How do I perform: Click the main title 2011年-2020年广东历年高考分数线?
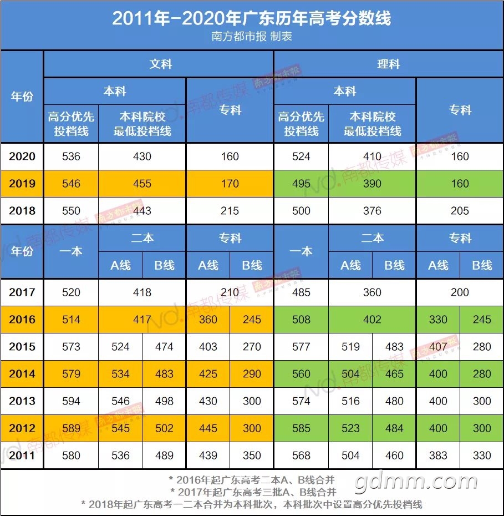[252, 18]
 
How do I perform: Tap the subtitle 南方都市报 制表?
[252, 37]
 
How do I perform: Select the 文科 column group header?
[160, 64]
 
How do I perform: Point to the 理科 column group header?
[388, 64]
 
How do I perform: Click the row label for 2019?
[22, 184]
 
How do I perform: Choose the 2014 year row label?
[22, 374]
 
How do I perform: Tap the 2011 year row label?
[22, 456]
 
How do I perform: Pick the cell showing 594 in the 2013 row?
[71, 401]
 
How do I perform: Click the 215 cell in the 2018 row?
[230, 211]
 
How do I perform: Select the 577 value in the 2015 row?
[301, 347]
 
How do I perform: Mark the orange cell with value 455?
[142, 184]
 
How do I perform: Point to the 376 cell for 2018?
[372, 211]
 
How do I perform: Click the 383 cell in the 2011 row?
[438, 456]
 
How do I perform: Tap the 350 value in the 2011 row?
[252, 456]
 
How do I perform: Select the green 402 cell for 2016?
[372, 320]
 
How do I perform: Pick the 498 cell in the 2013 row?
[164, 401]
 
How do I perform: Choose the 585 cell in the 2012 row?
[301, 428]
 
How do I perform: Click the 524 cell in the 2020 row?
[301, 156]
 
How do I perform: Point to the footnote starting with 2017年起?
[253, 492]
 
